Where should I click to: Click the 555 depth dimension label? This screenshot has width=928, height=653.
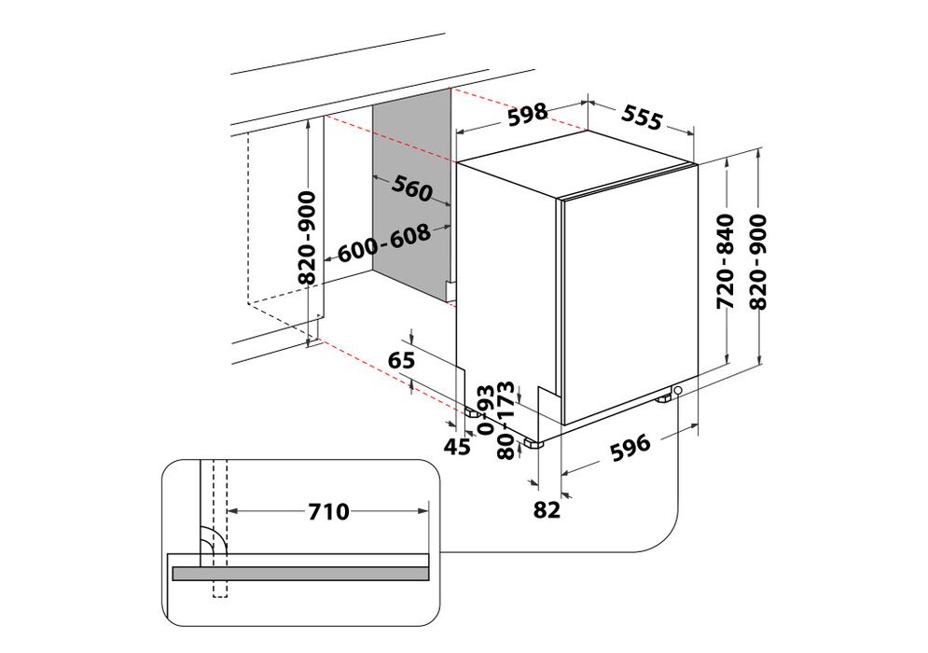642,118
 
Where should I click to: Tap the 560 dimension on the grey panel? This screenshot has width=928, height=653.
412,188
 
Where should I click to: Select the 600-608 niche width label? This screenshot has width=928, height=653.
384,243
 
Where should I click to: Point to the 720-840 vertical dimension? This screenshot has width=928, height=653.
725,261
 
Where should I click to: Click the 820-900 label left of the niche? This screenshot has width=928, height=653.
308,237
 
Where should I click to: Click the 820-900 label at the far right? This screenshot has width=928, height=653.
757,261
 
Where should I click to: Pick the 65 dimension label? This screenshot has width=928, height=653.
402,360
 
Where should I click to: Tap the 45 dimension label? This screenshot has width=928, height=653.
457,446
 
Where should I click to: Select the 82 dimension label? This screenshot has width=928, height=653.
547,509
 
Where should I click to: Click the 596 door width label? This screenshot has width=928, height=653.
630,448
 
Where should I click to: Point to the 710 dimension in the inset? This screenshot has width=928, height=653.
329,511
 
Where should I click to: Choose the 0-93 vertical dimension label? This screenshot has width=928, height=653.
485,410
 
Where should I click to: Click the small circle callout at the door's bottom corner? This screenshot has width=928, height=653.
677,390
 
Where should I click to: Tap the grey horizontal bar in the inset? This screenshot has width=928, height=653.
300,573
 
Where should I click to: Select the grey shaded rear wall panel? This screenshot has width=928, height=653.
412,197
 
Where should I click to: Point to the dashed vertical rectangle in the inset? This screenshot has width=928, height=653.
219,529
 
